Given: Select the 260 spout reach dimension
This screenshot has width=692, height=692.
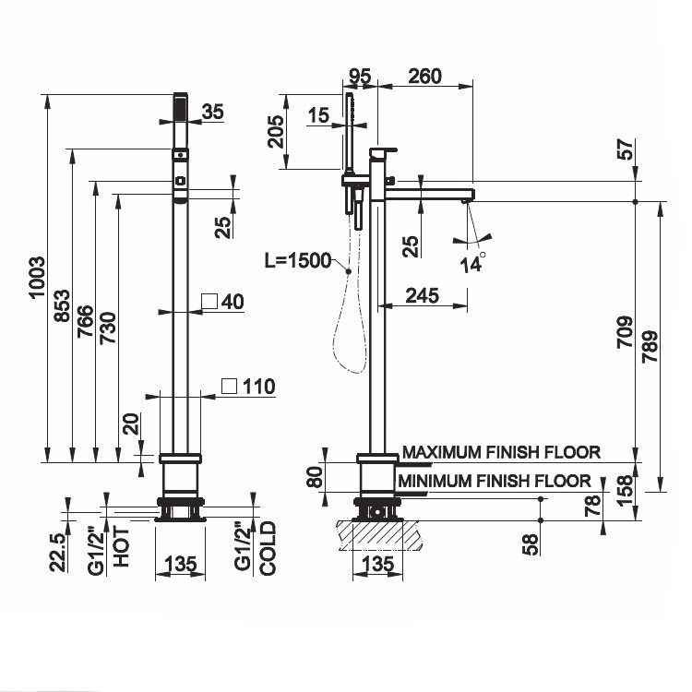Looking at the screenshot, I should tap(424, 76).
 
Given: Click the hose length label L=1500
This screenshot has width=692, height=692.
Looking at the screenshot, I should tap(297, 261).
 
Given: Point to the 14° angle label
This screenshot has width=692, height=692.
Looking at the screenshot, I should tap(472, 261).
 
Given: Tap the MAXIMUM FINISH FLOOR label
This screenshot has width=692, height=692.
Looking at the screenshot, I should tap(502, 452).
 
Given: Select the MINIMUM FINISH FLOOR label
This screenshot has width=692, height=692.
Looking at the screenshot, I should tap(495, 480).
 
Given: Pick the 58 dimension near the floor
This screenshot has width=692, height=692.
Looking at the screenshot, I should tap(530, 545).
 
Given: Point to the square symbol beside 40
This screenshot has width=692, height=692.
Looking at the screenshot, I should tap(209, 301).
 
